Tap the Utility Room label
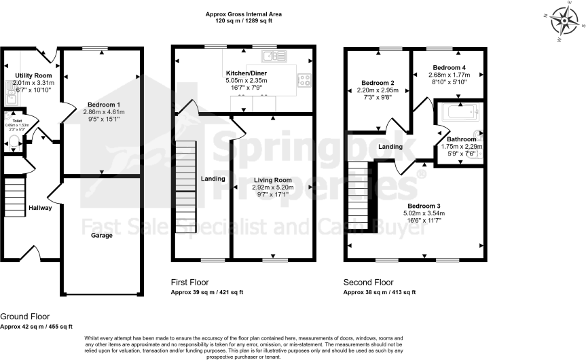[x=33, y=75]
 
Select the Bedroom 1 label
[x=101, y=104]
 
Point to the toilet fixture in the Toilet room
[x=14, y=141]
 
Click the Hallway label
[x=40, y=208]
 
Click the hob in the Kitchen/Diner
[x=304, y=80]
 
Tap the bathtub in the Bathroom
[x=461, y=112]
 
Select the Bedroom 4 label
[x=450, y=68]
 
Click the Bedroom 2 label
[x=378, y=83]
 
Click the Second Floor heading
[x=369, y=282]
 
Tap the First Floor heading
[x=189, y=282]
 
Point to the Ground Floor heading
[x=24, y=317]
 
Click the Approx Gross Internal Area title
[x=243, y=14]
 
